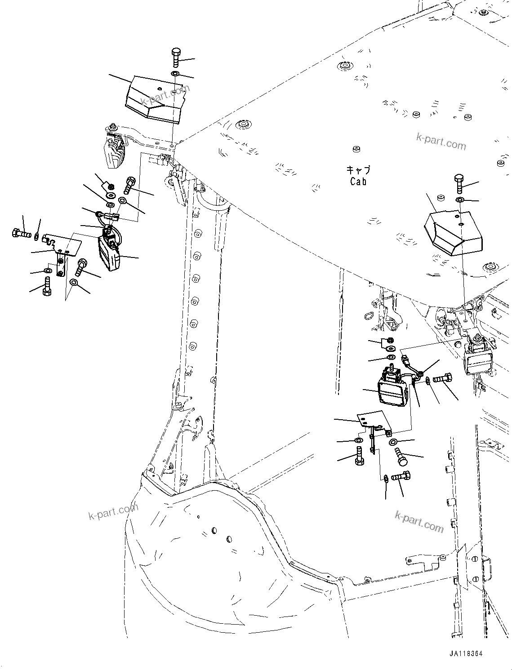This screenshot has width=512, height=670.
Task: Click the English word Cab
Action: [x=358, y=181]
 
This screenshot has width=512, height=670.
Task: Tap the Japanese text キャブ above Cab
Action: [x=358, y=170]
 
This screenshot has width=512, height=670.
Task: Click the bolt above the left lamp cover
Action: [x=175, y=58]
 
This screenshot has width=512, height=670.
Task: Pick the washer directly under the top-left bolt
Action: [x=175, y=73]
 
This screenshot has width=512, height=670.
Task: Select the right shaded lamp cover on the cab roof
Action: [x=452, y=233]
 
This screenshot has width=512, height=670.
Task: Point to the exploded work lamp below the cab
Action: [x=393, y=389]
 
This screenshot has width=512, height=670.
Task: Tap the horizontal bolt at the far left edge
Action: [x=21, y=233]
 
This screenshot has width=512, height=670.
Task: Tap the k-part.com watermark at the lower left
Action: [x=113, y=511]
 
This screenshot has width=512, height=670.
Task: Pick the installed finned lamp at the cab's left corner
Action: [x=114, y=146]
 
